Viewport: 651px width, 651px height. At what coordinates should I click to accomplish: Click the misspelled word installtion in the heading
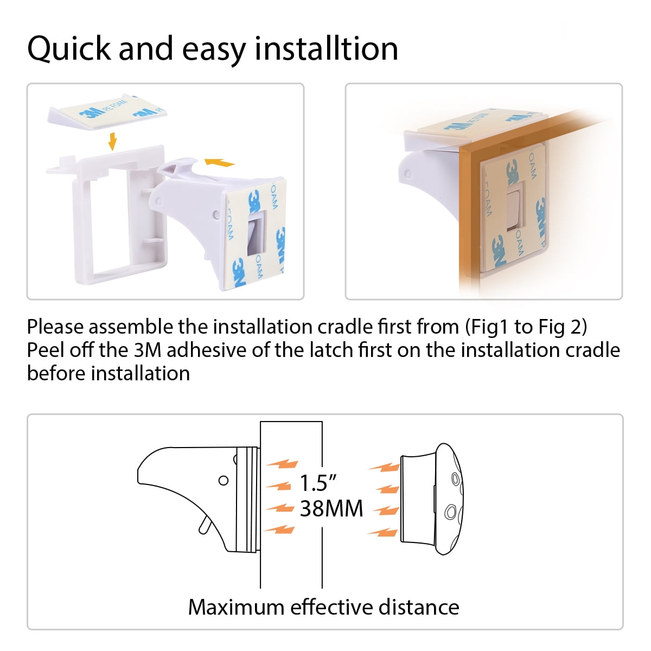pos(327,49)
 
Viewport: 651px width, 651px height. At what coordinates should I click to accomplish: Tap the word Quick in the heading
pos(69,49)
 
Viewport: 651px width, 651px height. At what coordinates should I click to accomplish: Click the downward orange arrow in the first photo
pos(112,141)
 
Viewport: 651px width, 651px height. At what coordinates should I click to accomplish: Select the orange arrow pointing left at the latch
pos(219,163)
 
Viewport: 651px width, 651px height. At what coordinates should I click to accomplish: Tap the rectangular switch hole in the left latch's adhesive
pos(257,232)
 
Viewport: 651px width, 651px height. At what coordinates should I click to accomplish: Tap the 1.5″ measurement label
pos(318,483)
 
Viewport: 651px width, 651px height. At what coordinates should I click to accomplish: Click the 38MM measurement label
pos(331,508)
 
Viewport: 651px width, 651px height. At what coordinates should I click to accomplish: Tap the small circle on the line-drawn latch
pos(224,481)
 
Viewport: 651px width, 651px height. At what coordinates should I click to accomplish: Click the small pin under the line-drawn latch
pos(206,526)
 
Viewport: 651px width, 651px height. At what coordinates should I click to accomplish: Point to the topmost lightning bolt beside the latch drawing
pos(282,464)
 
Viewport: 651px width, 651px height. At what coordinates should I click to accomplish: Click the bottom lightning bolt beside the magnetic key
pos(383,532)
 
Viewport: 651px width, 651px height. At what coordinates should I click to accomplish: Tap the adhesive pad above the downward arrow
pos(107,112)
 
